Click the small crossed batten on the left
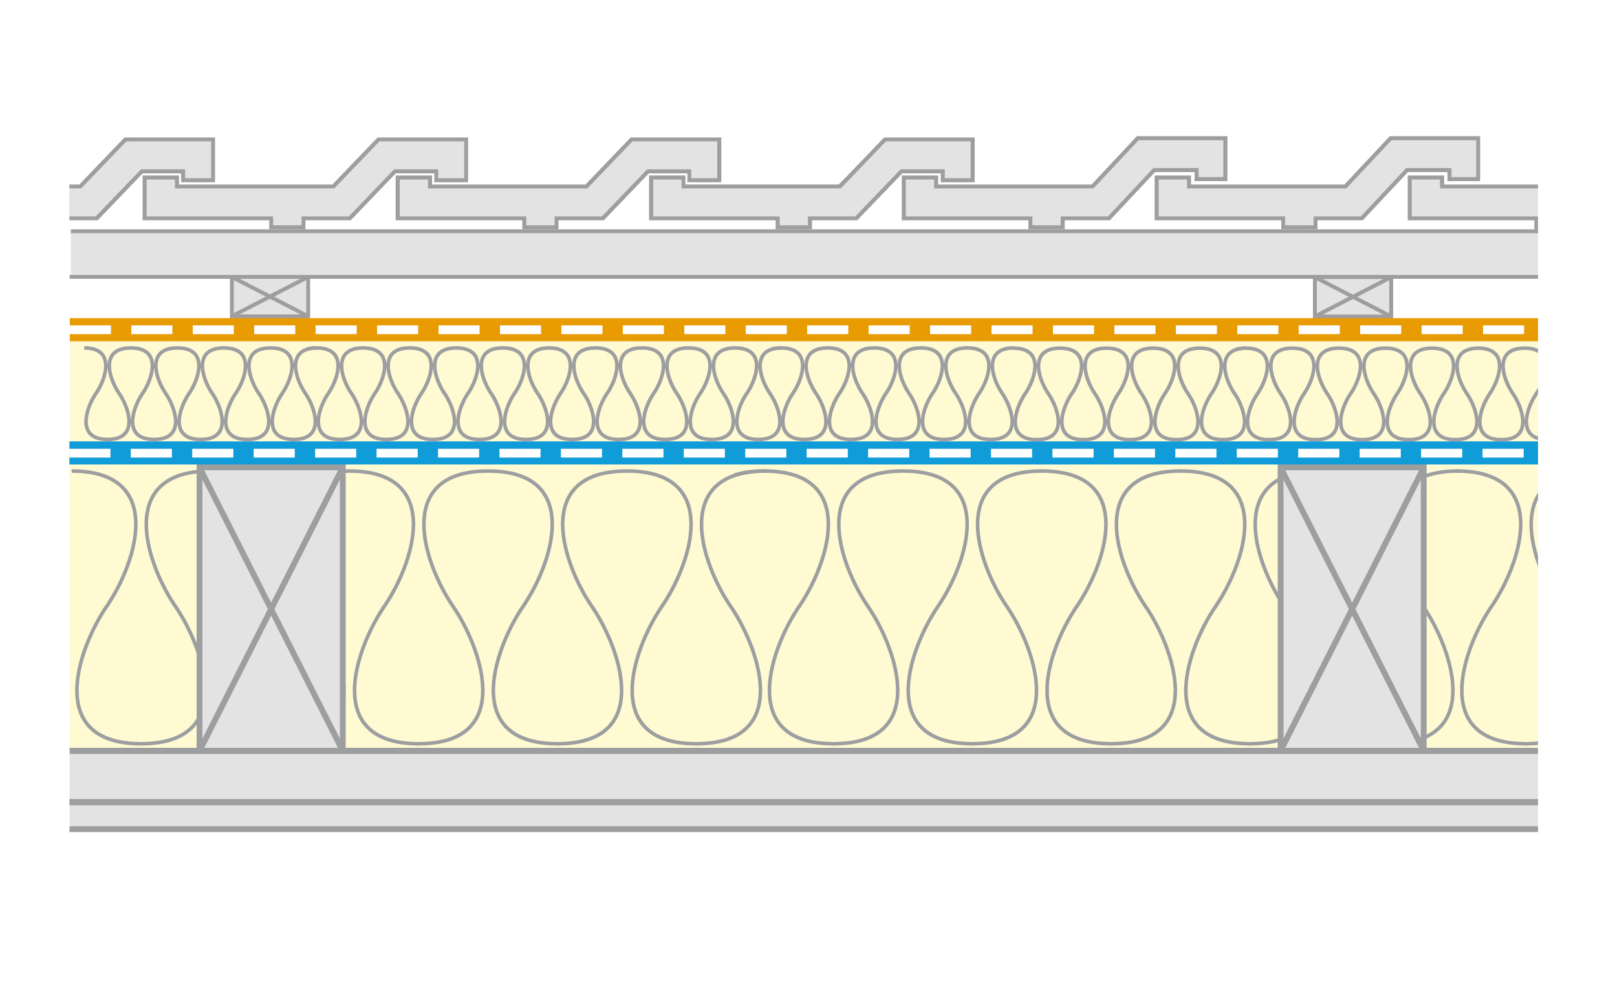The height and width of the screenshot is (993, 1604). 270,297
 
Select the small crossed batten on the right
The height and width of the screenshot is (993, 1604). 1352,297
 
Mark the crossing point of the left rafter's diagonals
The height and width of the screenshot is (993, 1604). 270,609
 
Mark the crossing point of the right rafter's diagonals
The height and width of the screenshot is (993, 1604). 1352,609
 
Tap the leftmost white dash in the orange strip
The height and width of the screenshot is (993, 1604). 90,330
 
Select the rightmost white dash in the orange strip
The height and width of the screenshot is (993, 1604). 1504,330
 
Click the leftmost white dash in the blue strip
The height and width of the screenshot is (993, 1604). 90,453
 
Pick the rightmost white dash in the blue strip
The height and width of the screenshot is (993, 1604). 1504,453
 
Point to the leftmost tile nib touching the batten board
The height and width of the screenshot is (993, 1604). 287,223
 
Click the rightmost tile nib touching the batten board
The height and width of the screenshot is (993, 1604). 1299,223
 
